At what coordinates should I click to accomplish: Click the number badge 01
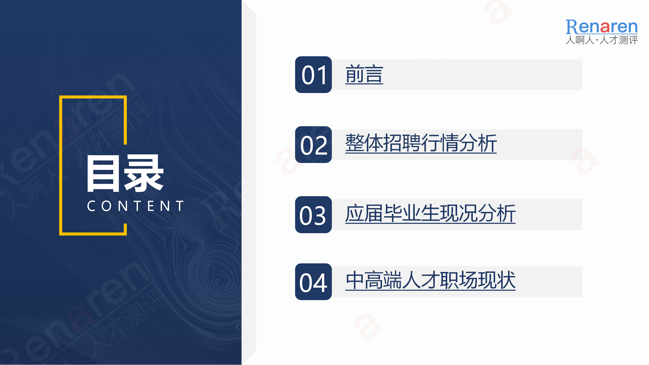[313, 75]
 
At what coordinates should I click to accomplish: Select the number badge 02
[313, 144]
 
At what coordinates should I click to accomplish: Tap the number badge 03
[313, 215]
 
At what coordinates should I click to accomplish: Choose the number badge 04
[313, 282]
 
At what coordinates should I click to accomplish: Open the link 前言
[364, 74]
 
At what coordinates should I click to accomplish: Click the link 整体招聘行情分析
[421, 143]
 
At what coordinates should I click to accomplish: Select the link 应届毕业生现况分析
[430, 213]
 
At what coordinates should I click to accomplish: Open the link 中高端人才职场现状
[430, 280]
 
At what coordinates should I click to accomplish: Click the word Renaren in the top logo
[602, 27]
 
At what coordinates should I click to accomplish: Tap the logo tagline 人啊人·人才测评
[602, 40]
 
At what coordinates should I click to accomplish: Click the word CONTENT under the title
[135, 206]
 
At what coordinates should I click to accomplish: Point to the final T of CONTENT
[180, 206]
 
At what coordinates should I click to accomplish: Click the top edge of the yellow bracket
[93, 97]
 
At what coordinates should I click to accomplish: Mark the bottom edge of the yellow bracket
[93, 234]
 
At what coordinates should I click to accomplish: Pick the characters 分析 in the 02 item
[478, 143]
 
